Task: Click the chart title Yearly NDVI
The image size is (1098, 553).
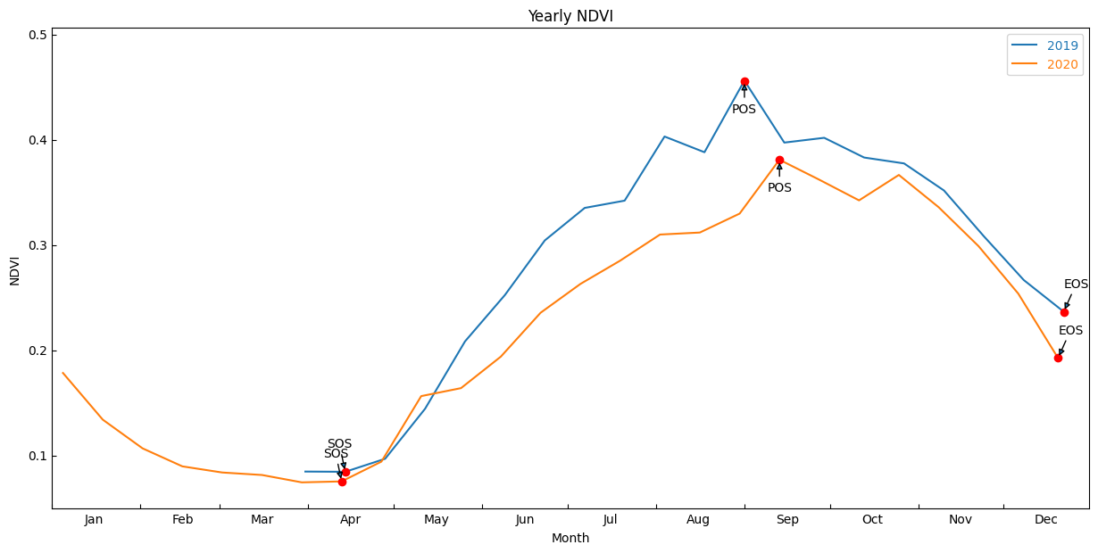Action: [x=570, y=17]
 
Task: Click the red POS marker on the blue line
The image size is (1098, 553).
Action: [x=744, y=82]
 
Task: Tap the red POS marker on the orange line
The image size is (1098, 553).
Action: [x=779, y=161]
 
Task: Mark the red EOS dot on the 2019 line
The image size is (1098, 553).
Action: [x=1064, y=312]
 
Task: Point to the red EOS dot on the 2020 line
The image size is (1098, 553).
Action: [x=1058, y=358]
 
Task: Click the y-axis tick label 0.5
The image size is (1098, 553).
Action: [x=37, y=35]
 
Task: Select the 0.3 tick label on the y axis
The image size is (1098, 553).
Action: [x=37, y=245]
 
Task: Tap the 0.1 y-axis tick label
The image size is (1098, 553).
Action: [x=37, y=456]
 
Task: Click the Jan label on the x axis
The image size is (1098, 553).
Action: [x=94, y=520]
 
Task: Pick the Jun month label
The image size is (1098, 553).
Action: [x=525, y=520]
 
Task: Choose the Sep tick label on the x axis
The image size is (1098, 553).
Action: [x=787, y=520]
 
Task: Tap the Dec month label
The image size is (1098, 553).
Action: [x=1046, y=520]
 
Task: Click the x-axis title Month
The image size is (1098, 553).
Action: [x=570, y=539]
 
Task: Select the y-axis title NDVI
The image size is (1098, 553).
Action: [x=15, y=270]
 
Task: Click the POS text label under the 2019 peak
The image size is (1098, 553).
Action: [x=744, y=110]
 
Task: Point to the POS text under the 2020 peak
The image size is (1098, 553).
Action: [x=779, y=188]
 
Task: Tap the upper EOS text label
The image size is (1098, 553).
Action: [x=1076, y=285]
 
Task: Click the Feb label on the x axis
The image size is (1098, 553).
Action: [x=182, y=520]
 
